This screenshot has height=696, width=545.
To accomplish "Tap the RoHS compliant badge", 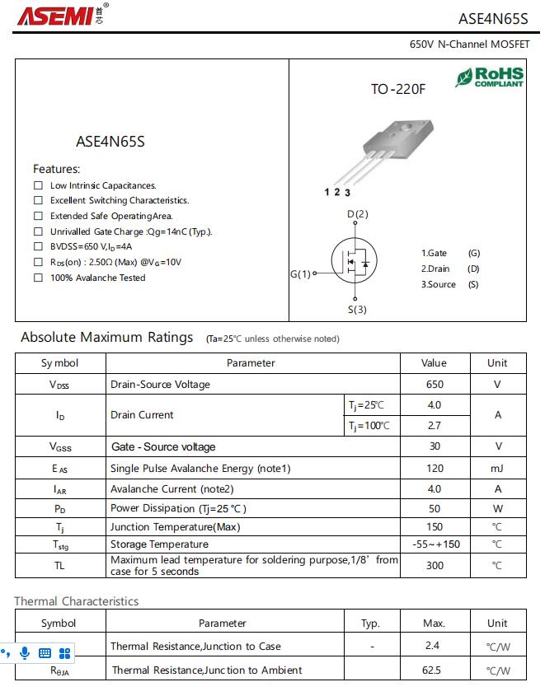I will click(490, 77).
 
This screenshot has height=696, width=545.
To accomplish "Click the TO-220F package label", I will click(398, 88).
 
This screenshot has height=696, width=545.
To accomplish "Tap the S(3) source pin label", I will click(356, 310).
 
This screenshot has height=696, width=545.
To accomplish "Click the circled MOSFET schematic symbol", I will click(355, 262).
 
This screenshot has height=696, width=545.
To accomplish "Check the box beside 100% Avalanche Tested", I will click(38, 278).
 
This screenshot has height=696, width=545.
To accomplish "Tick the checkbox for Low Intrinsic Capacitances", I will click(38, 185).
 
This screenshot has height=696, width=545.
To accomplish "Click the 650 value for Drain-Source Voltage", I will click(434, 384).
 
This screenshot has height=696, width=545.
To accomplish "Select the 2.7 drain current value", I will click(434, 426).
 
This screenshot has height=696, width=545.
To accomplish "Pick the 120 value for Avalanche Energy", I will click(434, 469).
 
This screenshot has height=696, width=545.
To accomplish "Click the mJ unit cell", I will click(497, 469).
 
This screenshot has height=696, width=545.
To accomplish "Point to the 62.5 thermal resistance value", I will click(434, 670).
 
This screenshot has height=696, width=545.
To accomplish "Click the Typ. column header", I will click(371, 624).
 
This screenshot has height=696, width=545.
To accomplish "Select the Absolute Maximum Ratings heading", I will click(107, 337).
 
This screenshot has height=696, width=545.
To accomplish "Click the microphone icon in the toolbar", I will click(25, 652).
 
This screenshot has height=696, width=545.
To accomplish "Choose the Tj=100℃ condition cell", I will click(368, 426).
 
